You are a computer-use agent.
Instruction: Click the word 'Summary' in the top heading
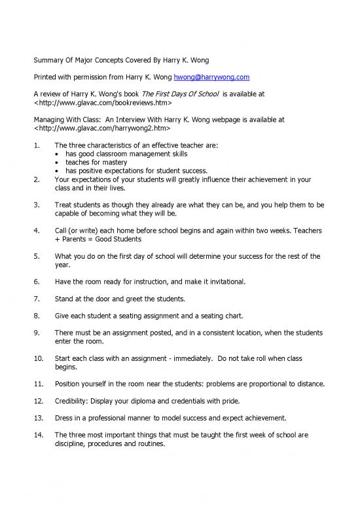[x=49, y=60]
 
